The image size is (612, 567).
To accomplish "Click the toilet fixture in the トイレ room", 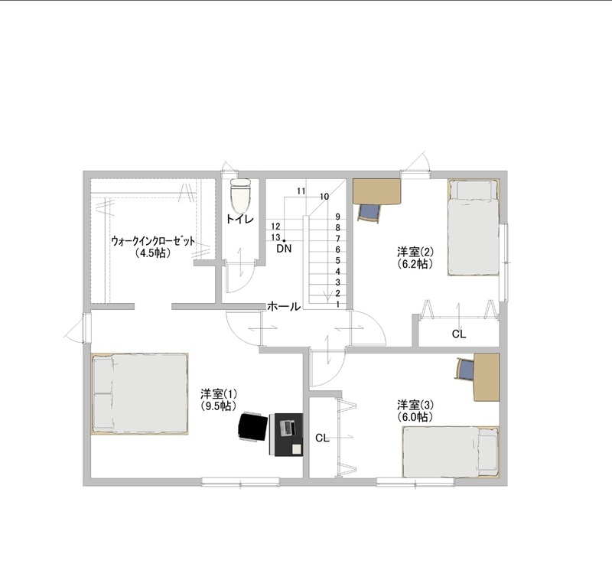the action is pyautogui.click(x=240, y=196).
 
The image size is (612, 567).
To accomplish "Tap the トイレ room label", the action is pyautogui.click(x=240, y=219).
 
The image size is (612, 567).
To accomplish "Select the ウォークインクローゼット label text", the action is pyautogui.click(x=153, y=241).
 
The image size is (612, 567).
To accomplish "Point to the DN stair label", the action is pyautogui.click(x=284, y=249).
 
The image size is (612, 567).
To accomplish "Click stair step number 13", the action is pyautogui.click(x=275, y=237).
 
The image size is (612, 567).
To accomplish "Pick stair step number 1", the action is pyautogui.click(x=338, y=305).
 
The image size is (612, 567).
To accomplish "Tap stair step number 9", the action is pyautogui.click(x=338, y=217).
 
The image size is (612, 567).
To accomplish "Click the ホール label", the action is pyautogui.click(x=284, y=307).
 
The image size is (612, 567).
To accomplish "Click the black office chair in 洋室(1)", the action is pyautogui.click(x=253, y=427).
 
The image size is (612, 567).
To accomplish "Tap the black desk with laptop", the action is pyautogui.click(x=286, y=435).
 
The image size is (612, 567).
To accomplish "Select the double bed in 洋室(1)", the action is pyautogui.click(x=140, y=393).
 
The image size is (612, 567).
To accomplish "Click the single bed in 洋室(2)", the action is pyautogui.click(x=474, y=228).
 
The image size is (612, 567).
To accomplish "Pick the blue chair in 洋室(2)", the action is pyautogui.click(x=369, y=213).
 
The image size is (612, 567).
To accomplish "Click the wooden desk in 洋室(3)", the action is pyautogui.click(x=487, y=377).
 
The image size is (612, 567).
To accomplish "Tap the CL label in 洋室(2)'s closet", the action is pyautogui.click(x=459, y=334).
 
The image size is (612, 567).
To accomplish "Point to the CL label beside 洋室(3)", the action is pyautogui.click(x=322, y=438).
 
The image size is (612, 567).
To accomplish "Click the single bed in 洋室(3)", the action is pyautogui.click(x=451, y=451).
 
